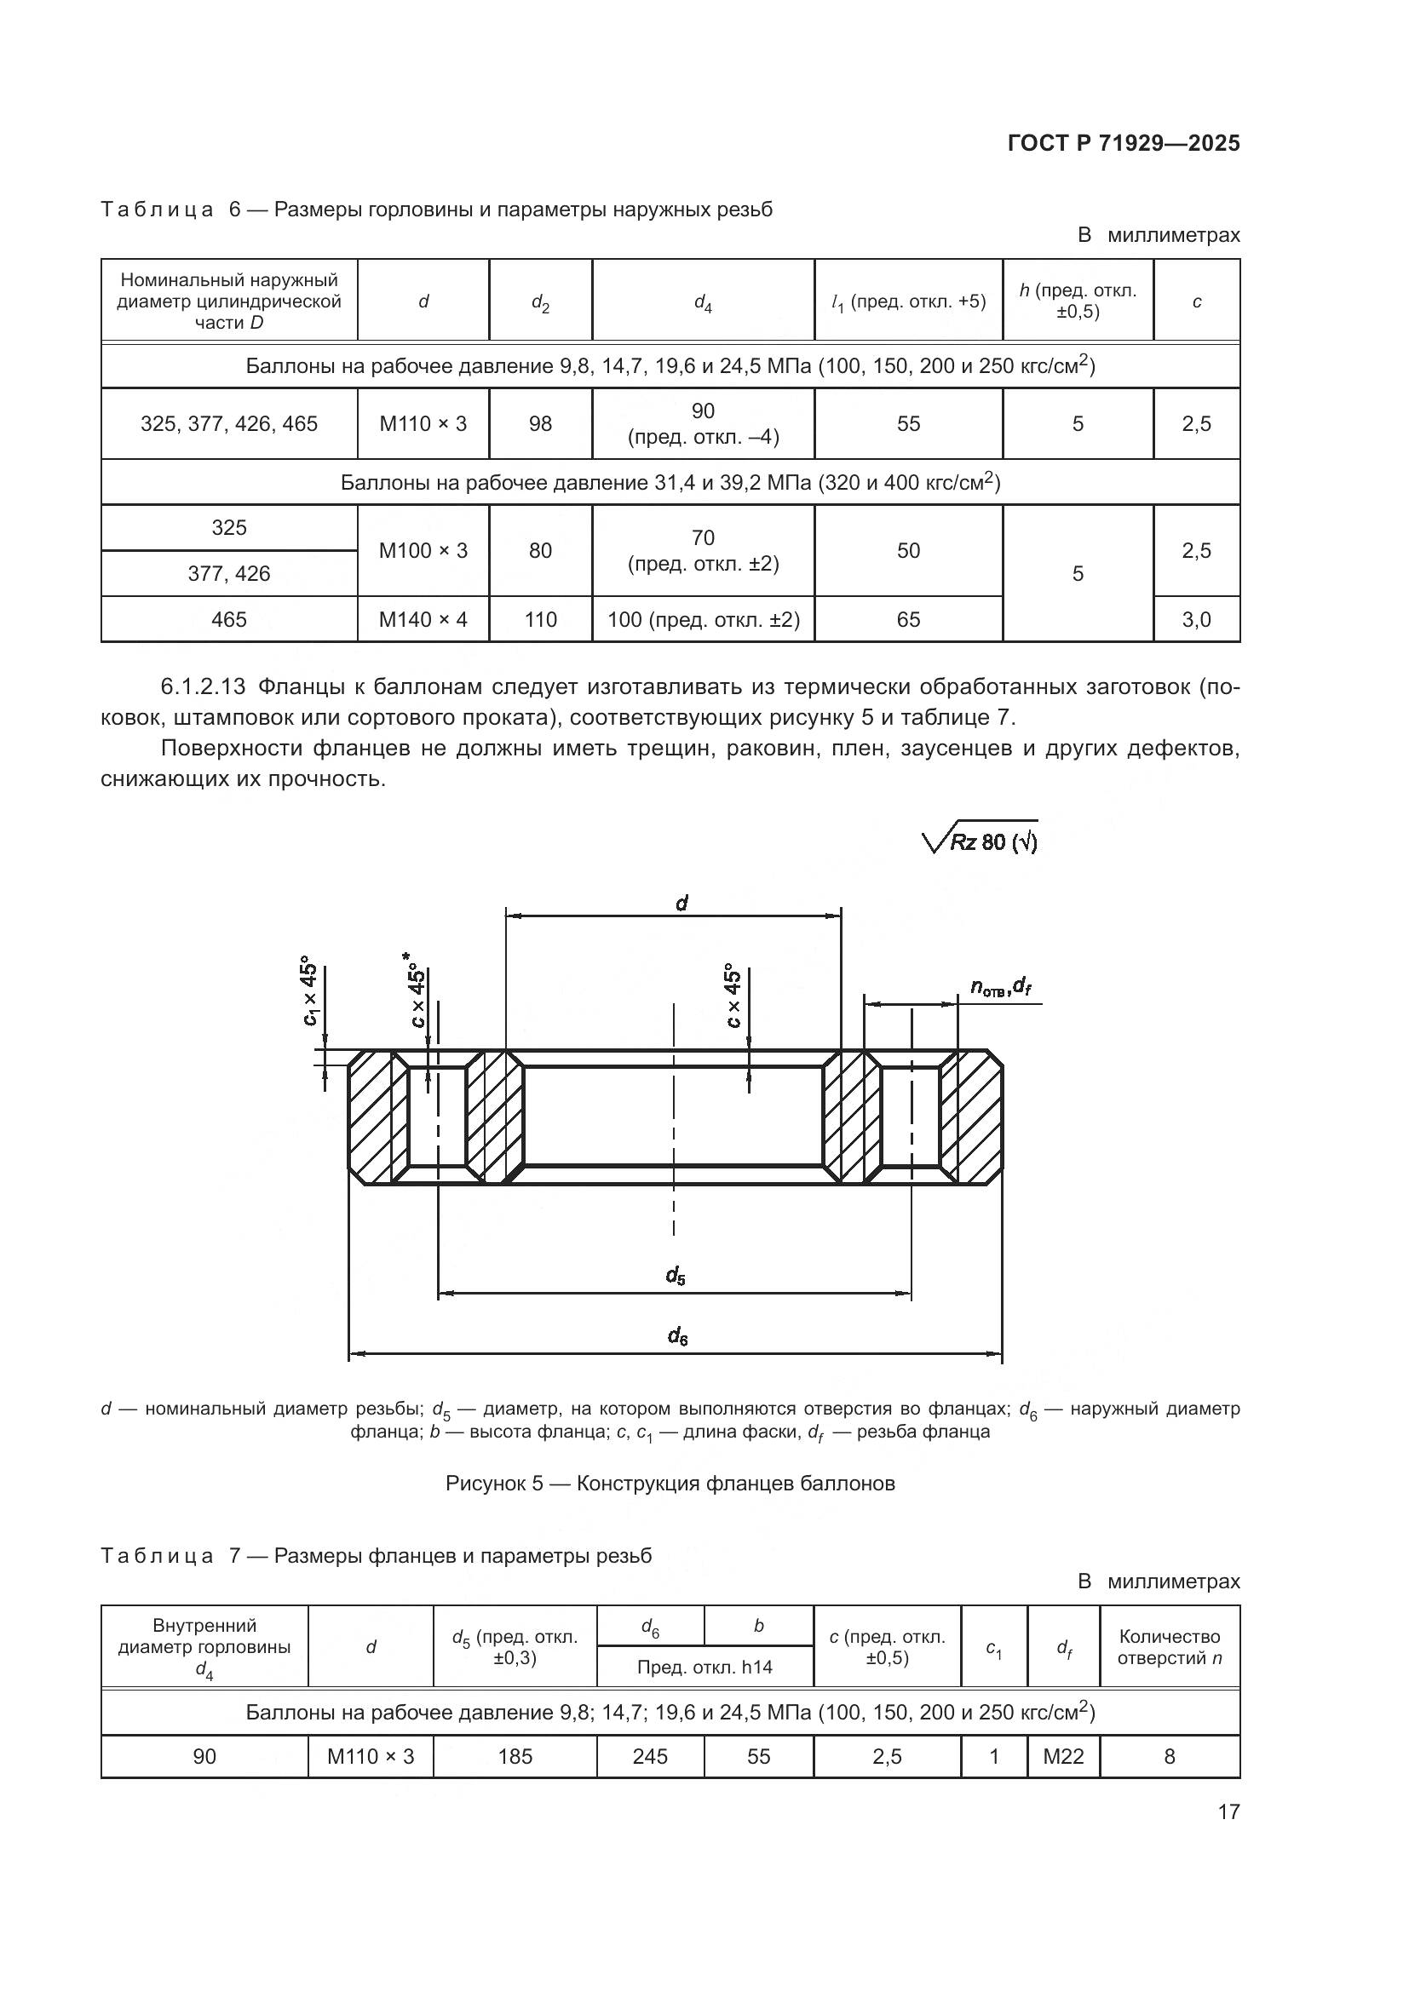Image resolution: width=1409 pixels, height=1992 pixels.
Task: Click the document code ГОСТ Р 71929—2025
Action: pyautogui.click(x=1124, y=144)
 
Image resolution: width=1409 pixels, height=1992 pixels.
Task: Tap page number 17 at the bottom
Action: pyautogui.click(x=1228, y=1811)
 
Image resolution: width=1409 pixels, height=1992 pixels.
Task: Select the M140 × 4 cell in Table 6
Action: pyautogui.click(x=423, y=619)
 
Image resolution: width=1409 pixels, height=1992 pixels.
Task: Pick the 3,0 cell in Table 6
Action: pyautogui.click(x=1195, y=619)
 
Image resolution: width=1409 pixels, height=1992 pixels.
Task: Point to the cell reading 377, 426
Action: pyautogui.click(x=229, y=573)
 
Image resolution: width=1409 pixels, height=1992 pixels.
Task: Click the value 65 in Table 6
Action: pyautogui.click(x=907, y=619)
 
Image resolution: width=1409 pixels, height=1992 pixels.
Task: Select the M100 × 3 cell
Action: pyautogui.click(x=423, y=551)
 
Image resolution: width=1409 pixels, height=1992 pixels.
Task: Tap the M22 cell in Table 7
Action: pyautogui.click(x=1063, y=1756)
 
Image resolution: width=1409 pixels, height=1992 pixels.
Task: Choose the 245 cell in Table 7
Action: pyautogui.click(x=650, y=1756)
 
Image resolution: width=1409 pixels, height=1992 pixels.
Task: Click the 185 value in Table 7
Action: pyautogui.click(x=515, y=1756)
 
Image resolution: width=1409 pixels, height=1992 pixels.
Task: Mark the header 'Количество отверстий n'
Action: pyautogui.click(x=1169, y=1647)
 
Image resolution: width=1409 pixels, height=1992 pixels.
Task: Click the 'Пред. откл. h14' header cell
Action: pyautogui.click(x=704, y=1667)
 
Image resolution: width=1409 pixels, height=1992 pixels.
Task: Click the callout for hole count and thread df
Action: pyautogui.click(x=999, y=985)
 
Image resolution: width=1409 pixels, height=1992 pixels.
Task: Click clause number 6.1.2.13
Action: pyautogui.click(x=203, y=687)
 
